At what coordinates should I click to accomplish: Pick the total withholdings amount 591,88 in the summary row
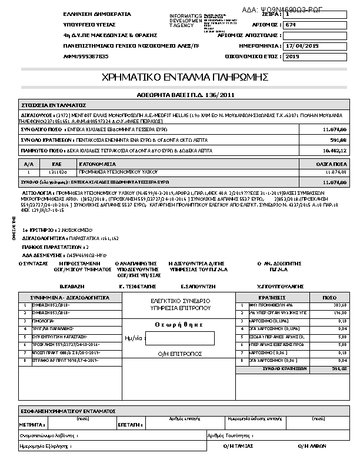pos(338,140)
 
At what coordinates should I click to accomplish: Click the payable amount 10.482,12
pos(336,151)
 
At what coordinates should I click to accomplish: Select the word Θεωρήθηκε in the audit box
pos(179,324)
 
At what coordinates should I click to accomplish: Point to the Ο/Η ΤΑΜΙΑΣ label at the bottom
pos(238,446)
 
